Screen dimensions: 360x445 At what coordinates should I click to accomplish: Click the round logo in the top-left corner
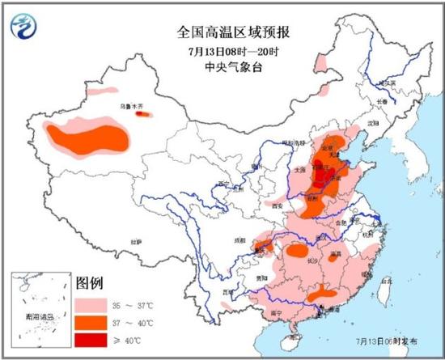point(25,28)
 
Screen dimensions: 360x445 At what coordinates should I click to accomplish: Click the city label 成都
point(240,239)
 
